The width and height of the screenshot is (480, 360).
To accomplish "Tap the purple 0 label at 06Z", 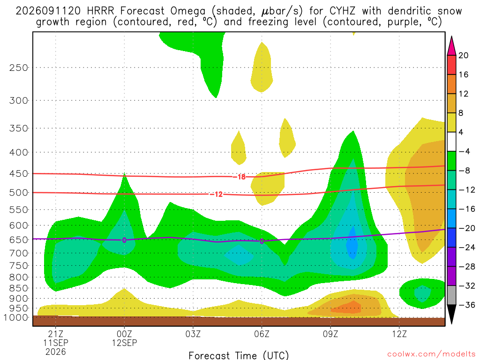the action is [262, 241].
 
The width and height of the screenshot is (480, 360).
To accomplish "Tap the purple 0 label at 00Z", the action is [124, 240].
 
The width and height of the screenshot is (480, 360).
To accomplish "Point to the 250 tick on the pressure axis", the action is [19, 67].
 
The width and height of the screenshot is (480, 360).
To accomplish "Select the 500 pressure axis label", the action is [19, 193].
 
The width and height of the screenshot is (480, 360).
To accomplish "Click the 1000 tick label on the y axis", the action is [16, 317].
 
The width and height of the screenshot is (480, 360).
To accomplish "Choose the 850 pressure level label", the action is [19, 288].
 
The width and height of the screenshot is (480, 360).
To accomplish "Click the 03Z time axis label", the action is [193, 334].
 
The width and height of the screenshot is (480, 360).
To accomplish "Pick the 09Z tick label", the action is [330, 334].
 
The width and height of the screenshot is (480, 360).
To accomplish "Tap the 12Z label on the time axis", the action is [399, 334].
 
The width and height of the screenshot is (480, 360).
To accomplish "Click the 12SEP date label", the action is [124, 343].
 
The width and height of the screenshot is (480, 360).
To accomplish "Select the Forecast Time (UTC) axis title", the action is [239, 355].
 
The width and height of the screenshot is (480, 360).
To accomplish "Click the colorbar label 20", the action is [463, 55].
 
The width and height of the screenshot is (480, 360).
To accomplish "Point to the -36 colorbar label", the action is [466, 305].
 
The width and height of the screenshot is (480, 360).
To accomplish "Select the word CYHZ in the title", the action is [342, 11].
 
